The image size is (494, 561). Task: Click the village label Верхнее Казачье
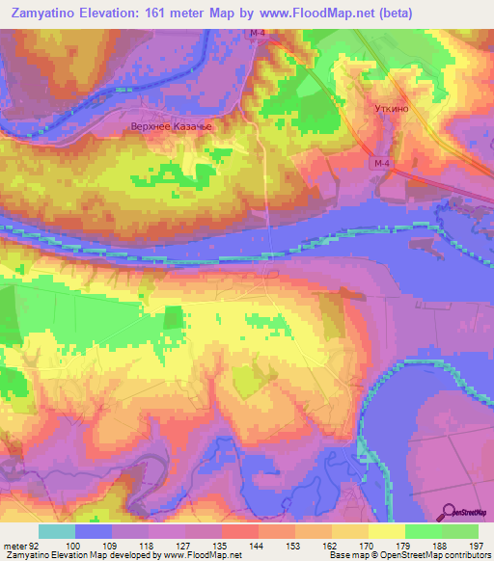point(169,125)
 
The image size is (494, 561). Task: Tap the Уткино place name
point(391,110)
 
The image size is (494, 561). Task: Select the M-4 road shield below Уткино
point(381,164)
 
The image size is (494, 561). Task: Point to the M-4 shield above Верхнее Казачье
point(256,35)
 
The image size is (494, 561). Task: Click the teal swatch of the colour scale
point(57,531)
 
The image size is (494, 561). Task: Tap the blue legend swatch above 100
point(94,531)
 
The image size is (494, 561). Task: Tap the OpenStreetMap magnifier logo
point(451,511)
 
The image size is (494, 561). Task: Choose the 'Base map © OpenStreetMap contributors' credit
point(408,555)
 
